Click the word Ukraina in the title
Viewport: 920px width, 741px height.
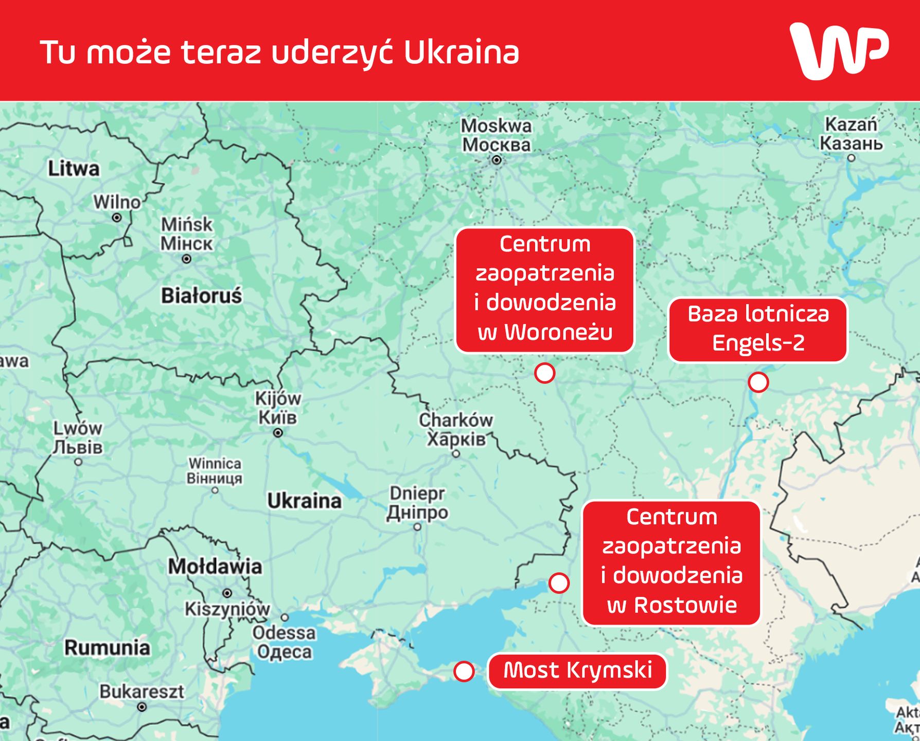(x=462, y=52)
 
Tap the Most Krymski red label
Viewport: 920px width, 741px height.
(x=577, y=671)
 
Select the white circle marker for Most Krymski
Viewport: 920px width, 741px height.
(x=464, y=672)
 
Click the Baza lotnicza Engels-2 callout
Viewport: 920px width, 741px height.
(x=757, y=329)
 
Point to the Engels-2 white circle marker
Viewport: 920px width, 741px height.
(x=758, y=382)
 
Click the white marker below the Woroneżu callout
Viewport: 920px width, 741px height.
(x=544, y=373)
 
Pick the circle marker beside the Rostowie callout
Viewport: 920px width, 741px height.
(x=559, y=583)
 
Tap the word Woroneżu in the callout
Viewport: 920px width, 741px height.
(x=558, y=332)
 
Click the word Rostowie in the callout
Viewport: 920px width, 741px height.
(x=685, y=605)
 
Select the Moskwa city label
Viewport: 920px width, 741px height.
(x=496, y=126)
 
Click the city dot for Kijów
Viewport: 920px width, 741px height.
(x=278, y=433)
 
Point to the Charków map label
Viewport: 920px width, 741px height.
(x=456, y=420)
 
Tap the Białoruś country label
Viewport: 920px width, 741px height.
(x=201, y=296)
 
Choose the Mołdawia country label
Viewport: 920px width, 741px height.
(x=215, y=567)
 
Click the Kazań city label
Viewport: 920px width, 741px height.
(x=851, y=125)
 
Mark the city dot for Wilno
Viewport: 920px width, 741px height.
(x=117, y=218)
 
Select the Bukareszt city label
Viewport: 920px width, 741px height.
(x=141, y=692)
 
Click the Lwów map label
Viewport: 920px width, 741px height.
(x=78, y=428)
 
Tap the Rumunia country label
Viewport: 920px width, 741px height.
(x=107, y=647)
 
